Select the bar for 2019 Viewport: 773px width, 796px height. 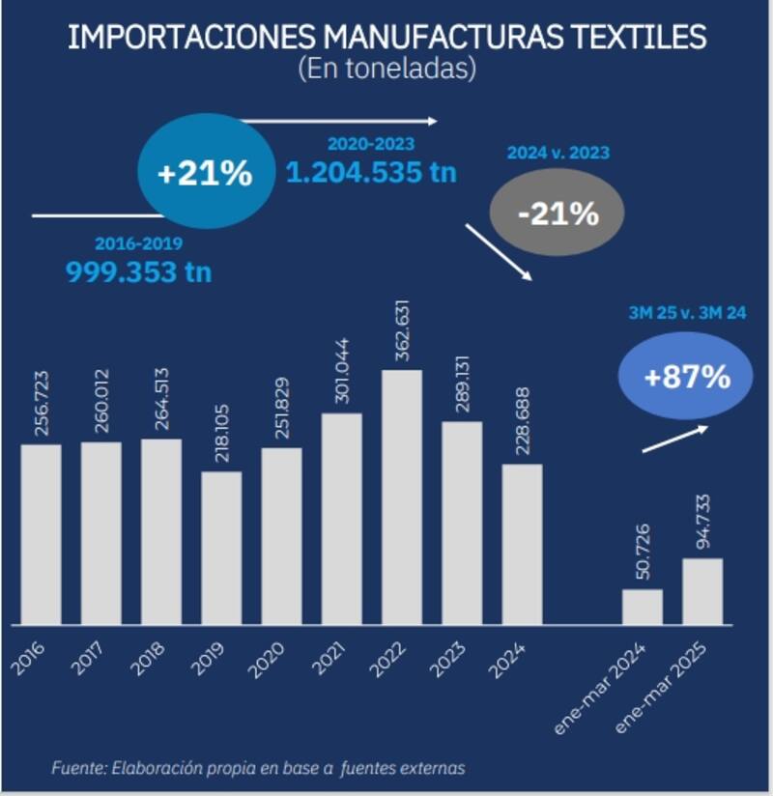(221, 547)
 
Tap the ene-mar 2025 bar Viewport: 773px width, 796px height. (701, 590)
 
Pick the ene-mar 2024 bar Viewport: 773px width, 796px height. (642, 606)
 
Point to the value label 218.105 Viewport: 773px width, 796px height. (221, 434)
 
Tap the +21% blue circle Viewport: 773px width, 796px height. (205, 175)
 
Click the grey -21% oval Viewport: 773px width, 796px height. (558, 213)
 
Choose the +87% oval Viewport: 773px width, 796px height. (686, 377)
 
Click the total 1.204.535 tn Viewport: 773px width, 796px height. (371, 173)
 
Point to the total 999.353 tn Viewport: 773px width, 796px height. (138, 271)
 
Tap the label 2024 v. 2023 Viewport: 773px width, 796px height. (558, 153)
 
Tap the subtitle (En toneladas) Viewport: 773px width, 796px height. (386, 69)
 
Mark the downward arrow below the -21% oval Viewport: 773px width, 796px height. (499, 253)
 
